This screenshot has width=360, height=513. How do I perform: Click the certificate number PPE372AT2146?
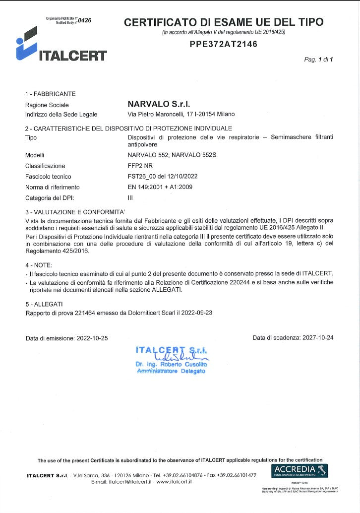(x=224, y=44)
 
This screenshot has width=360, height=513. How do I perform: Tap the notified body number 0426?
(x=84, y=20)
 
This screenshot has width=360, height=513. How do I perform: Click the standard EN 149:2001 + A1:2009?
(x=160, y=187)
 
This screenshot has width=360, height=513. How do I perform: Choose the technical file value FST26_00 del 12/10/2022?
(x=163, y=177)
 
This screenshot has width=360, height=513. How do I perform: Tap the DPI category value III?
(x=130, y=198)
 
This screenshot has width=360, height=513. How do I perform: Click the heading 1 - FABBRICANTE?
(x=51, y=93)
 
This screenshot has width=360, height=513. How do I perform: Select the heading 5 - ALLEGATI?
(x=44, y=304)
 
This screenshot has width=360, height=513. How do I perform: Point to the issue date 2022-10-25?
(x=92, y=338)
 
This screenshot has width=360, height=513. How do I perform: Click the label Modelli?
(x=35, y=155)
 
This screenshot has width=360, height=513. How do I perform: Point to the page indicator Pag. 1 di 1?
(x=318, y=60)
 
